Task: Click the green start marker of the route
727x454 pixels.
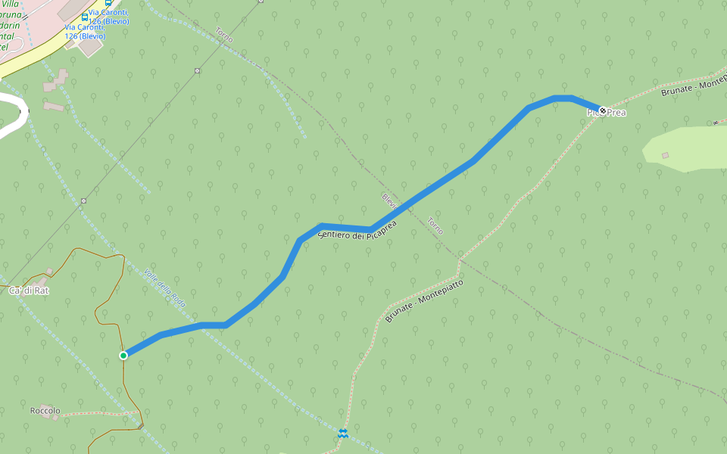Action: point(123,355)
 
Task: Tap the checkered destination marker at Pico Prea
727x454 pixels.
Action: point(603,110)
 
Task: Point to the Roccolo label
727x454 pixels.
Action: point(45,411)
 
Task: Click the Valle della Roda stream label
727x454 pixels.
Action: point(165,288)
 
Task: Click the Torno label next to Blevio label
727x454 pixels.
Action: point(435,226)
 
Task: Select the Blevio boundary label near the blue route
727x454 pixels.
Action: point(390,201)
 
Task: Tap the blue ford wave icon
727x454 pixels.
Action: point(343,432)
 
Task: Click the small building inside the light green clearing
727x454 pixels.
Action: point(665,155)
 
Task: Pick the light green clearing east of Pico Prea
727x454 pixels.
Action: point(689,148)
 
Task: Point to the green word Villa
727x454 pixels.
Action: point(11,5)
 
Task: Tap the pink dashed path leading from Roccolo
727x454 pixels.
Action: point(98,414)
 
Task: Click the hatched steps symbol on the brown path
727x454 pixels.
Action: point(140,427)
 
